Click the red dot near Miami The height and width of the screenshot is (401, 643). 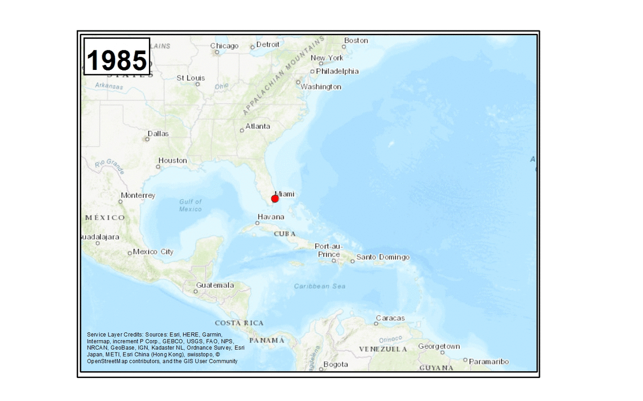click(x=275, y=199)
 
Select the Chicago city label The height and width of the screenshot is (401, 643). click(x=224, y=46)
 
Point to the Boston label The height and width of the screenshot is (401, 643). click(x=356, y=41)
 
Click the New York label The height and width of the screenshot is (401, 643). click(x=327, y=58)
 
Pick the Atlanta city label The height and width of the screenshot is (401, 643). click(x=257, y=126)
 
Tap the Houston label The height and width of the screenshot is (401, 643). click(x=173, y=160)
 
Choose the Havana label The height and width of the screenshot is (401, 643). click(x=271, y=217)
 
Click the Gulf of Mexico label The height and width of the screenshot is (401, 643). click(x=190, y=205)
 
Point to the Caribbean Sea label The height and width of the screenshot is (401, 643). click(x=319, y=287)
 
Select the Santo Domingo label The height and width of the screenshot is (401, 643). click(x=383, y=257)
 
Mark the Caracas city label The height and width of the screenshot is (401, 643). click(x=390, y=318)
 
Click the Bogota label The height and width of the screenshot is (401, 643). click(x=336, y=364)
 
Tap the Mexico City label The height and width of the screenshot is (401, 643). click(x=153, y=252)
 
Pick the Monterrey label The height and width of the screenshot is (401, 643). click(x=138, y=195)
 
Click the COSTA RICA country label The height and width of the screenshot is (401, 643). click(x=239, y=323)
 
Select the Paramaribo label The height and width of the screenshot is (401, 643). click(x=488, y=362)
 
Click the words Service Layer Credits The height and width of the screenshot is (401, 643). click(x=114, y=334)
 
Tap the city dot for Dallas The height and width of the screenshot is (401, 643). click(x=147, y=139)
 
